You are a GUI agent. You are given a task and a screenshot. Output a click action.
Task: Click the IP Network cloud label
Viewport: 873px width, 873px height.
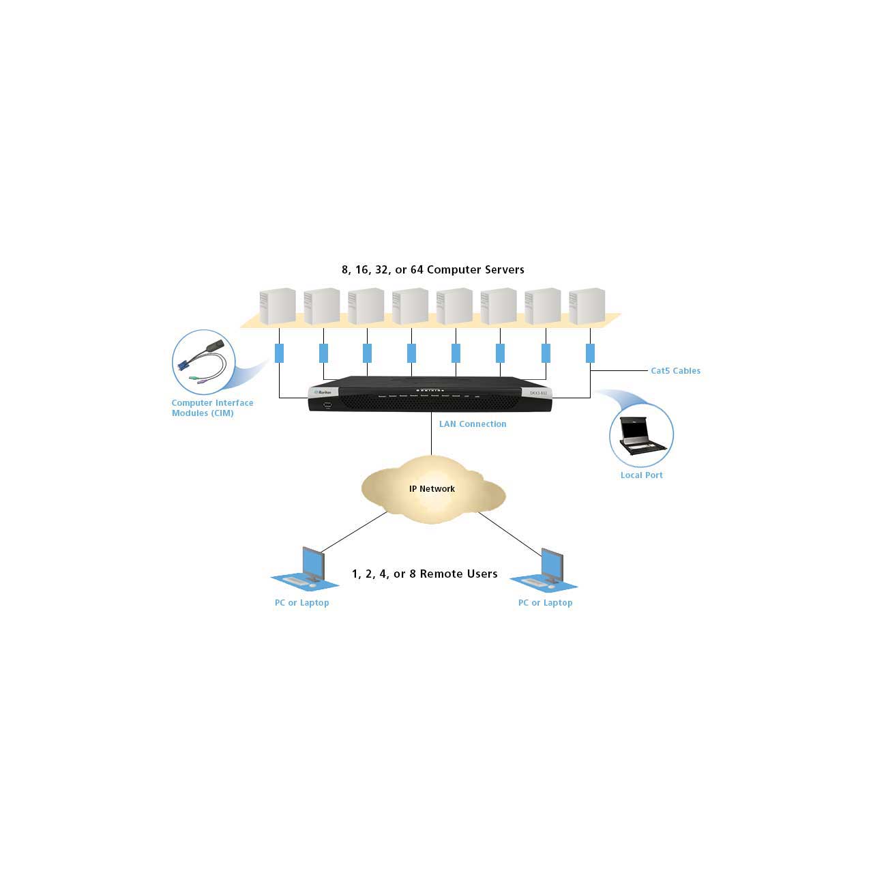point(432,489)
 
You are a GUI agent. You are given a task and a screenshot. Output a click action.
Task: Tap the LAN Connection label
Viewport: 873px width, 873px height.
point(473,424)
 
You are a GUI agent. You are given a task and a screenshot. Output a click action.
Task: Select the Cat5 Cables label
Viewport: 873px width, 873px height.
point(675,370)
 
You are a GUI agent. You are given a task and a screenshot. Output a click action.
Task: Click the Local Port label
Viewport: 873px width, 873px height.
point(642,475)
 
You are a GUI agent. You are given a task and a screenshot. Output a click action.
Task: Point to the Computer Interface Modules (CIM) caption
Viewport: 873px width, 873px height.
point(212,408)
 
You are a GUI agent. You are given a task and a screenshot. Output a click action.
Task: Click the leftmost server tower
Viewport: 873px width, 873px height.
point(278,306)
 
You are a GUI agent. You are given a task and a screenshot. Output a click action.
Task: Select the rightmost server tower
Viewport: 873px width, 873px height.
point(587,306)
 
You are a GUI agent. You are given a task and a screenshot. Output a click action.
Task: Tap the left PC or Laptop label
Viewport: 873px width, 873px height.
point(301,602)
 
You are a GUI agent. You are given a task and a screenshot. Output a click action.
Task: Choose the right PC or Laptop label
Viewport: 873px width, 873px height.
point(545,602)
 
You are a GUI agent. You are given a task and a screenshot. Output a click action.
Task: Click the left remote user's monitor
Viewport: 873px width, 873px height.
point(314,563)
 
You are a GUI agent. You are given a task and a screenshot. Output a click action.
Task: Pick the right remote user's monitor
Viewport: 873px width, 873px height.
point(552,565)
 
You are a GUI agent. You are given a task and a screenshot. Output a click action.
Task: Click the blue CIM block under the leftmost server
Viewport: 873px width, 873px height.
point(279,353)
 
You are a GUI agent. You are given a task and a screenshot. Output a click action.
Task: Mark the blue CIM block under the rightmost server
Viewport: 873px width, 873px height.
point(590,353)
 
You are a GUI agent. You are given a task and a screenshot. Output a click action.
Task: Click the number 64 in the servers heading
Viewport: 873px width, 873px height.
point(416,269)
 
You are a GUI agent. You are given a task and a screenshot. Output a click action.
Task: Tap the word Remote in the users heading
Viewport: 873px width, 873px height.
point(439,574)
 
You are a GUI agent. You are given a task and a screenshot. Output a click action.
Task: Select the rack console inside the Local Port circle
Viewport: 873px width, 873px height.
point(641,435)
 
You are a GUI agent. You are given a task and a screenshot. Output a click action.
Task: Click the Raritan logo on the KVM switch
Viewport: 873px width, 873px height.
point(323,392)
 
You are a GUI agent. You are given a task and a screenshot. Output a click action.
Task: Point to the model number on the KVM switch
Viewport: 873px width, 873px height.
point(538,393)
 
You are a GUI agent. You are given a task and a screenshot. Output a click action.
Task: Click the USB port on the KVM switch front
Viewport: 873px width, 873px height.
point(327,405)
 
